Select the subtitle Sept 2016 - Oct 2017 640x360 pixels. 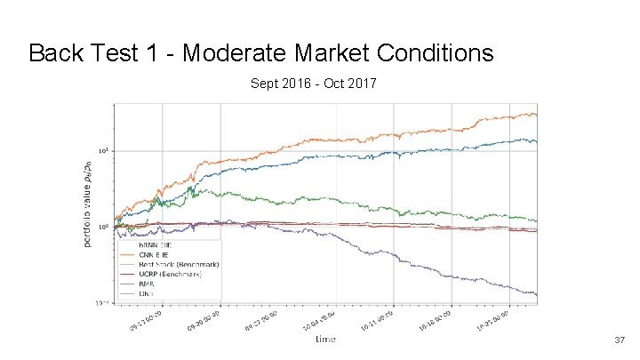tap(315, 85)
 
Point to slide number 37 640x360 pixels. tap(620, 340)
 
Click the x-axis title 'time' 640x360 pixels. tap(324, 339)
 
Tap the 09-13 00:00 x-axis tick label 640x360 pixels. tap(145, 321)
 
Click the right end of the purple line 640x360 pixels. tap(537, 294)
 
